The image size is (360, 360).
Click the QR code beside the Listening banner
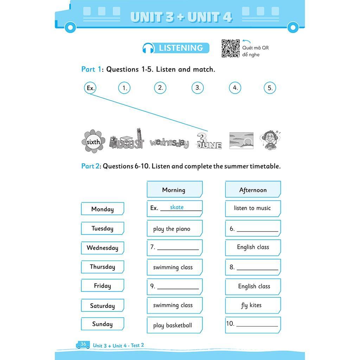pos(231,48)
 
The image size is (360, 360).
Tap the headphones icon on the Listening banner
pos(148,48)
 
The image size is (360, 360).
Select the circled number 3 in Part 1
pos(198,88)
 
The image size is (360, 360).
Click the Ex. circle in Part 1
pos(90,88)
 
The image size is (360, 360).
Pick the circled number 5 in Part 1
pos(270,88)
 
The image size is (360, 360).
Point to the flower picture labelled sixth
pos(93,141)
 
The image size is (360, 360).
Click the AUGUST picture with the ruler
pos(127,139)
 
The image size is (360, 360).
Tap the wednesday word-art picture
pos(169,143)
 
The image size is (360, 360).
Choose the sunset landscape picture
pos(241,141)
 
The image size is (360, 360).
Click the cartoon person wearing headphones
pos(270,140)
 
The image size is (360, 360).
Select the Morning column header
pos(175,189)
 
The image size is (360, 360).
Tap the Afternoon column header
pos(253,189)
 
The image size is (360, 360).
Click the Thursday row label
pos(102,267)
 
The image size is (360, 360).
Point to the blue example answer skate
pos(177,207)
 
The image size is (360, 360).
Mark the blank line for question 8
pos(257,270)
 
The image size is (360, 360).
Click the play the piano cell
pos(175,228)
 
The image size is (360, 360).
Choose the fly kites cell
pos(253,306)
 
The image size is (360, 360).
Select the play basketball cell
pos(175,325)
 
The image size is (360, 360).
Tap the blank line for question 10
pos(257,326)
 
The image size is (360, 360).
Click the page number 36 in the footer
pos(83,344)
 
